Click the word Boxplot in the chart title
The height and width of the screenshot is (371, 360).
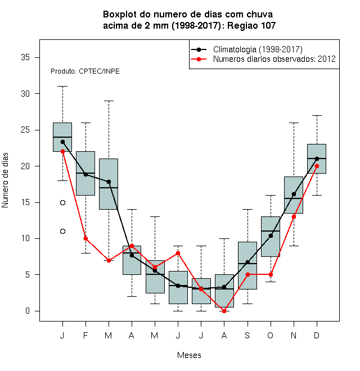[120, 15]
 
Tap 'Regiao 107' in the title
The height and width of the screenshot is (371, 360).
[251, 25]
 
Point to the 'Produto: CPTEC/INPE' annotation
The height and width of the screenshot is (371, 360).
[85, 71]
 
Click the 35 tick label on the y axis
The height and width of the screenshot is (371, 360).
[25, 57]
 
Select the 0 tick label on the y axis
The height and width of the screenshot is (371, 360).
[28, 311]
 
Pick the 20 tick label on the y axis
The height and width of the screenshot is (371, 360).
[25, 166]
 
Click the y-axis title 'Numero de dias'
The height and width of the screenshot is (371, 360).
[5, 180]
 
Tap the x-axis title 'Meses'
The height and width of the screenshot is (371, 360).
[189, 355]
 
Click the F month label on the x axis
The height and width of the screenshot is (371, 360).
[85, 335]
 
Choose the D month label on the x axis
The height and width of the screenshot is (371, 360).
[317, 335]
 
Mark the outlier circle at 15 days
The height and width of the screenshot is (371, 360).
[62, 202]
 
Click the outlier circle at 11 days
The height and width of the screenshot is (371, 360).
[62, 232]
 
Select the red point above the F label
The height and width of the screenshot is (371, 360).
[85, 239]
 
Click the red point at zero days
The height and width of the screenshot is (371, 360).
[224, 311]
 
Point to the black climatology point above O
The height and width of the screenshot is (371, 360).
[271, 236]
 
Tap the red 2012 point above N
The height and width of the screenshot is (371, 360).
[294, 217]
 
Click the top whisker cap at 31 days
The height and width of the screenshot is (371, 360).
[62, 87]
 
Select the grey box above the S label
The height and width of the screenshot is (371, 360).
[247, 265]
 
